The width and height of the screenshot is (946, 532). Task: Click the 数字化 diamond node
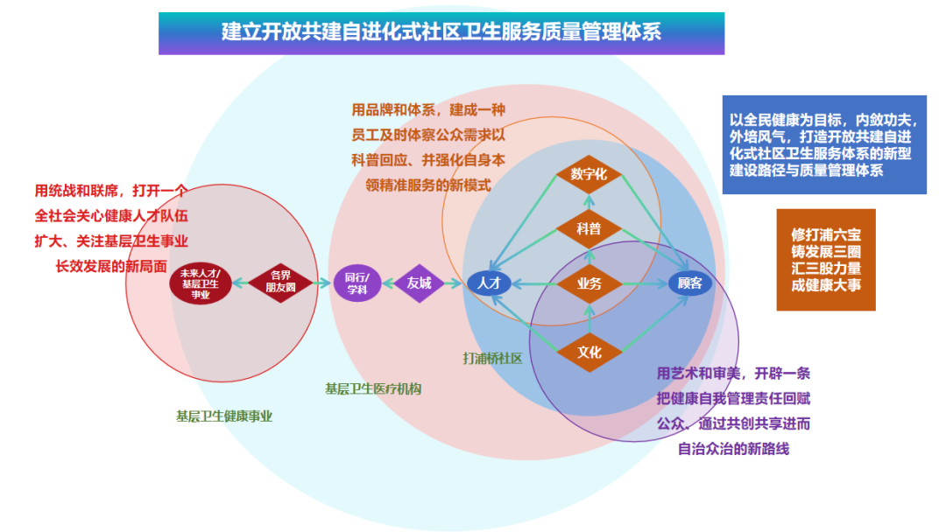coord(589,175)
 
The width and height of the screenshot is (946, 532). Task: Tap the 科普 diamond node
coord(589,229)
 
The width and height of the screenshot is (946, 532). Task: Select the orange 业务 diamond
coord(589,283)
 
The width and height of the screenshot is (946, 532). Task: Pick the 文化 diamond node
coord(589,352)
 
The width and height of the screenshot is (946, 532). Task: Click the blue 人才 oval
coord(488,283)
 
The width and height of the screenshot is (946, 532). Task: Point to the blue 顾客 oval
coord(691,283)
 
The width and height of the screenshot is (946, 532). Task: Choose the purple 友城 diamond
coord(419,283)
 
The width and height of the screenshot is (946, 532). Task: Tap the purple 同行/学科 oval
coord(357,283)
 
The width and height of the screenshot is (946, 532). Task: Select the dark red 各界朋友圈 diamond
coord(281,282)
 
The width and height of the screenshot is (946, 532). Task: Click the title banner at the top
coord(441,33)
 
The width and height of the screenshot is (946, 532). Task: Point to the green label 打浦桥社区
coord(492,358)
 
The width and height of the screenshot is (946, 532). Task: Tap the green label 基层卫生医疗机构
coord(373,388)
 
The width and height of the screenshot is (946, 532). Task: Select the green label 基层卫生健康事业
coord(224,416)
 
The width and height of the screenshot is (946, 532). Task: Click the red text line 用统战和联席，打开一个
coord(110,191)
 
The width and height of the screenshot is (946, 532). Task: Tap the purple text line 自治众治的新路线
coord(734,449)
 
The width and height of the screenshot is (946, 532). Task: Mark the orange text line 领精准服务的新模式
coord(428,185)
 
